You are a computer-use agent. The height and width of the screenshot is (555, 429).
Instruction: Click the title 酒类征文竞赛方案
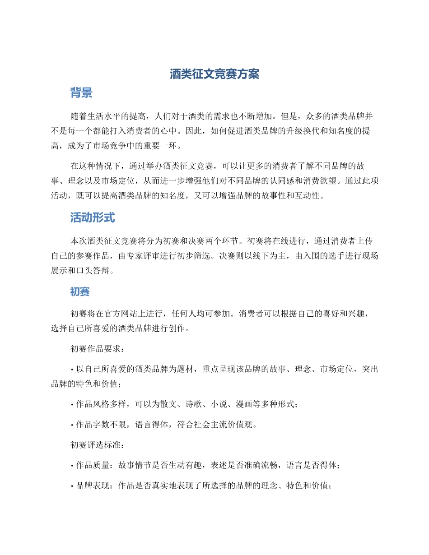(214, 74)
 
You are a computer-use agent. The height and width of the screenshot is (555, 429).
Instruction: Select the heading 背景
(81, 93)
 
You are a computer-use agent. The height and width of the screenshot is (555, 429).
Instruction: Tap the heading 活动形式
(93, 218)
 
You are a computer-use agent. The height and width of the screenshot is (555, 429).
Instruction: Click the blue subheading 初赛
(80, 292)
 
